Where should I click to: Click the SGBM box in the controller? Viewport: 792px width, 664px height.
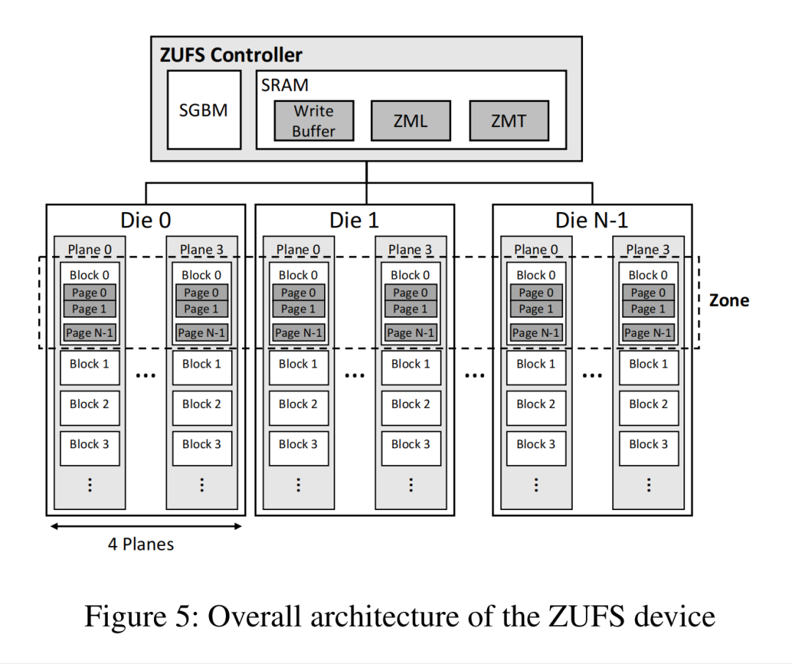click(x=204, y=110)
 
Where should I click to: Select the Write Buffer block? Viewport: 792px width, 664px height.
click(x=314, y=121)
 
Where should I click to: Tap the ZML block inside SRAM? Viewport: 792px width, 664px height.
click(x=411, y=121)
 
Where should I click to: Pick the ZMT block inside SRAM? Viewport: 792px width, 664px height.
click(x=508, y=121)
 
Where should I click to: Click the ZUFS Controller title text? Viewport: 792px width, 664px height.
click(x=231, y=55)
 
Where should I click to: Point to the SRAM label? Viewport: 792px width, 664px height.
click(x=285, y=85)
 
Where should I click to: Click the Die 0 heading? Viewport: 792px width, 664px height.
click(x=146, y=220)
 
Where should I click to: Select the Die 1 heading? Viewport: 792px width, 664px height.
click(x=354, y=220)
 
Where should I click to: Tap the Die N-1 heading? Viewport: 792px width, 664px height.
click(x=592, y=220)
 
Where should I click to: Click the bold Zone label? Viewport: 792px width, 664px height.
click(x=729, y=300)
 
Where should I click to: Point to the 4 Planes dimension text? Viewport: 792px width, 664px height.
click(x=142, y=544)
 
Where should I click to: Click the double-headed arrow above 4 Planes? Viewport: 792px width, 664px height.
click(x=145, y=525)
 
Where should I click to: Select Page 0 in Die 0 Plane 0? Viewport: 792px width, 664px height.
click(x=89, y=293)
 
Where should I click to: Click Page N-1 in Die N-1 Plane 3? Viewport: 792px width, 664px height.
click(x=648, y=332)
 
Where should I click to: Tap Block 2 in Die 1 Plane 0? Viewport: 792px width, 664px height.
click(x=298, y=404)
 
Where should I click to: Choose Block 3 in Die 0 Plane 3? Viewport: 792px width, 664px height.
click(x=202, y=445)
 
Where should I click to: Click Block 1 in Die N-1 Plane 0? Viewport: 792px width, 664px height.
click(x=536, y=364)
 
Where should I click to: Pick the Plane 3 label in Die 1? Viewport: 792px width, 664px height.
click(x=410, y=250)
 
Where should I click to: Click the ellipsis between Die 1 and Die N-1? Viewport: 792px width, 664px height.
click(x=474, y=374)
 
